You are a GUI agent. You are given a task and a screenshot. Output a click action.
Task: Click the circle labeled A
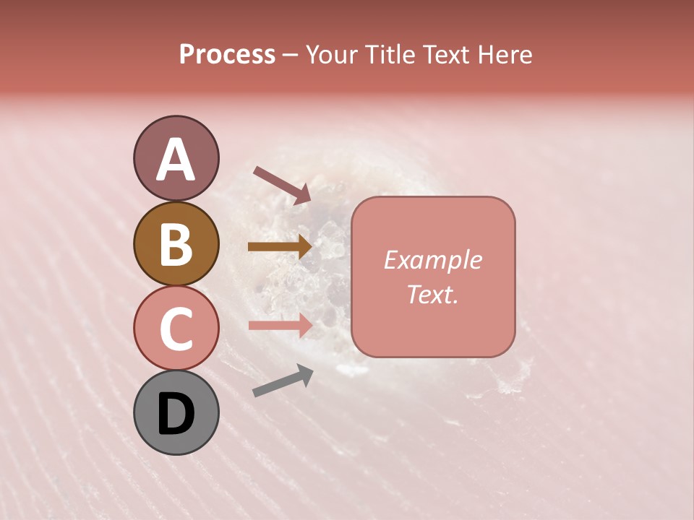(x=176, y=158)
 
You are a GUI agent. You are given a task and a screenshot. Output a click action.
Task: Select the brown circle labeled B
(x=176, y=243)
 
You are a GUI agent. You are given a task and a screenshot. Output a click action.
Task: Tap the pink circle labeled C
(x=176, y=328)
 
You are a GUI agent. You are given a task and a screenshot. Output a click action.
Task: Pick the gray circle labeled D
(x=176, y=413)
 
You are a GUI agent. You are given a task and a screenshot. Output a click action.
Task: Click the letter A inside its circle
(x=176, y=160)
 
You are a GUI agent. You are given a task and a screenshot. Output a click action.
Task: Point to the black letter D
(x=176, y=415)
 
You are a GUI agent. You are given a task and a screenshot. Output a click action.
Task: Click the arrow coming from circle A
(x=282, y=185)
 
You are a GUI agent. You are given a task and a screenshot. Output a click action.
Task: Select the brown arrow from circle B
(x=280, y=246)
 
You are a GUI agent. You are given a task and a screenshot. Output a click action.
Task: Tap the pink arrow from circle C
(x=280, y=325)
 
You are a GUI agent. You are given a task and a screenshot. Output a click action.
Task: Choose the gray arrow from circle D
(x=283, y=381)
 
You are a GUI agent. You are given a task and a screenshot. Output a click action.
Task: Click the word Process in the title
(x=227, y=55)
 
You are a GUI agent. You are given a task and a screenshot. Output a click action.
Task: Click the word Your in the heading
(x=333, y=55)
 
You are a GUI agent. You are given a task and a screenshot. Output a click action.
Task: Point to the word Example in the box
(x=432, y=260)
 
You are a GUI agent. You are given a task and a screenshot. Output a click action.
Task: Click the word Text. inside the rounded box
(x=432, y=294)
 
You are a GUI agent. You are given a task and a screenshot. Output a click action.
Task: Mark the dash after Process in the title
(x=291, y=55)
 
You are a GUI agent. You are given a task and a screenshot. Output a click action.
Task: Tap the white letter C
(x=176, y=329)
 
